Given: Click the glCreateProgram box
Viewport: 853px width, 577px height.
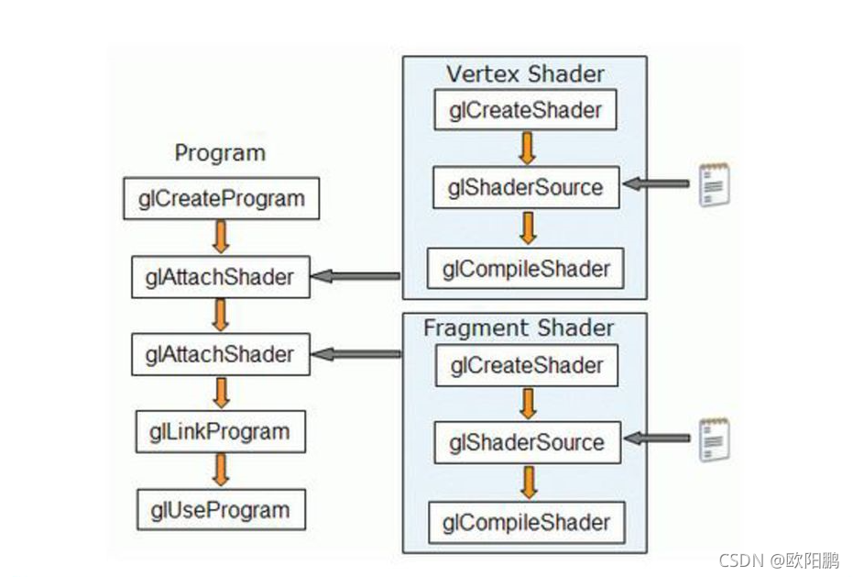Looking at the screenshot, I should (x=222, y=198).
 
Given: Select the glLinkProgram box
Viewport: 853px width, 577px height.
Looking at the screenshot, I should (x=219, y=432).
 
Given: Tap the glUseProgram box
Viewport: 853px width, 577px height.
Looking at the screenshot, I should (x=220, y=510).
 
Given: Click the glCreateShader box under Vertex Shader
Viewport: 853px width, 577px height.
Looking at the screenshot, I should (x=526, y=111).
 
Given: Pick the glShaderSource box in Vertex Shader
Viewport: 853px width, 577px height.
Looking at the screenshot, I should (x=526, y=188).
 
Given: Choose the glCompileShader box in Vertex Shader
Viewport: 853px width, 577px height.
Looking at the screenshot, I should (x=526, y=269).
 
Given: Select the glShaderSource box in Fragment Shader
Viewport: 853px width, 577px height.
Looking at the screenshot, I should (x=527, y=442).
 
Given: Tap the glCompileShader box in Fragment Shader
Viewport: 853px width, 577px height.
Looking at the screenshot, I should (x=526, y=523).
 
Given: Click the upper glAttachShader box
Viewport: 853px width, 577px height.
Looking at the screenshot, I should (x=220, y=277).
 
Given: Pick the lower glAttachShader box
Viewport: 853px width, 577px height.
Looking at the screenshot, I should (x=220, y=354).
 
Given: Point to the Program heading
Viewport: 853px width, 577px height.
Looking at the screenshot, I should (x=220, y=153).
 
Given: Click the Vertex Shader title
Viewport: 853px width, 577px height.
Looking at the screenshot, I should (x=525, y=73).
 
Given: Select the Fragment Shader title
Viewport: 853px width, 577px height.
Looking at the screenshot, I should (x=519, y=327).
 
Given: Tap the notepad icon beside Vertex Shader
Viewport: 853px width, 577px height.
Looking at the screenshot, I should (x=714, y=183).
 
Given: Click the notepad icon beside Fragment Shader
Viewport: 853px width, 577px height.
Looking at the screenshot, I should (x=714, y=438).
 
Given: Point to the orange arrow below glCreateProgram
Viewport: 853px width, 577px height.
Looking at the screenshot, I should (x=220, y=237).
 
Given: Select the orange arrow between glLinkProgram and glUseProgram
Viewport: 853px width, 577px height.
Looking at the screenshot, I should (x=220, y=471).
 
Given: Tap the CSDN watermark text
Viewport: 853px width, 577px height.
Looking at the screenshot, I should (x=779, y=560).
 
